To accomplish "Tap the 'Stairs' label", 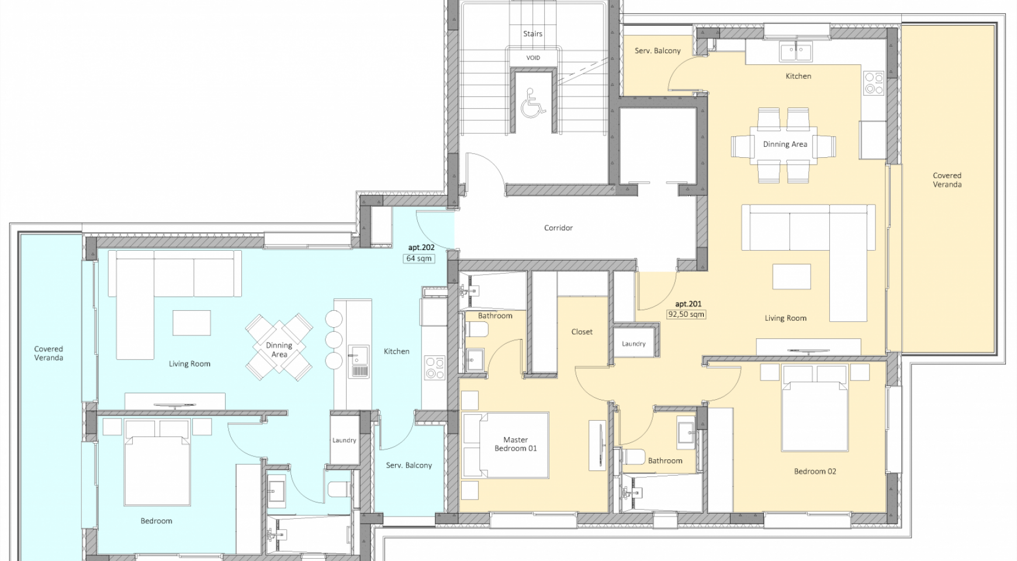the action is click(x=532, y=34).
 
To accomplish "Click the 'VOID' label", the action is click(x=533, y=58).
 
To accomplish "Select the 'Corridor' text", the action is click(x=558, y=228).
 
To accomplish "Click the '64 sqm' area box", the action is click(x=419, y=258).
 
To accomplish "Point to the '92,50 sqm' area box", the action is click(x=686, y=314).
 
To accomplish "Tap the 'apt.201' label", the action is click(x=688, y=304).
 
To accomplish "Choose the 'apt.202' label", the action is click(x=421, y=248).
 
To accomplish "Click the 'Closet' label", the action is click(x=582, y=332).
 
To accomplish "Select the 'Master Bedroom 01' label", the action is click(x=516, y=444).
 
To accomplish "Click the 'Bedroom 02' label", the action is click(x=815, y=472).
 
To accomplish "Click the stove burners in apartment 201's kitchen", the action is click(x=874, y=83).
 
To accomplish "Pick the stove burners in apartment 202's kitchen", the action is click(x=435, y=368).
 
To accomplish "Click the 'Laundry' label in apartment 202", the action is click(x=344, y=441).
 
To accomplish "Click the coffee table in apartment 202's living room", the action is click(x=191, y=323).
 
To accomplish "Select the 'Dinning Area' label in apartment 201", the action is click(x=785, y=144).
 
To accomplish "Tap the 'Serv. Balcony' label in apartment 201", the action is click(x=658, y=51).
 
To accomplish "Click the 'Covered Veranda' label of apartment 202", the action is click(x=49, y=354).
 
